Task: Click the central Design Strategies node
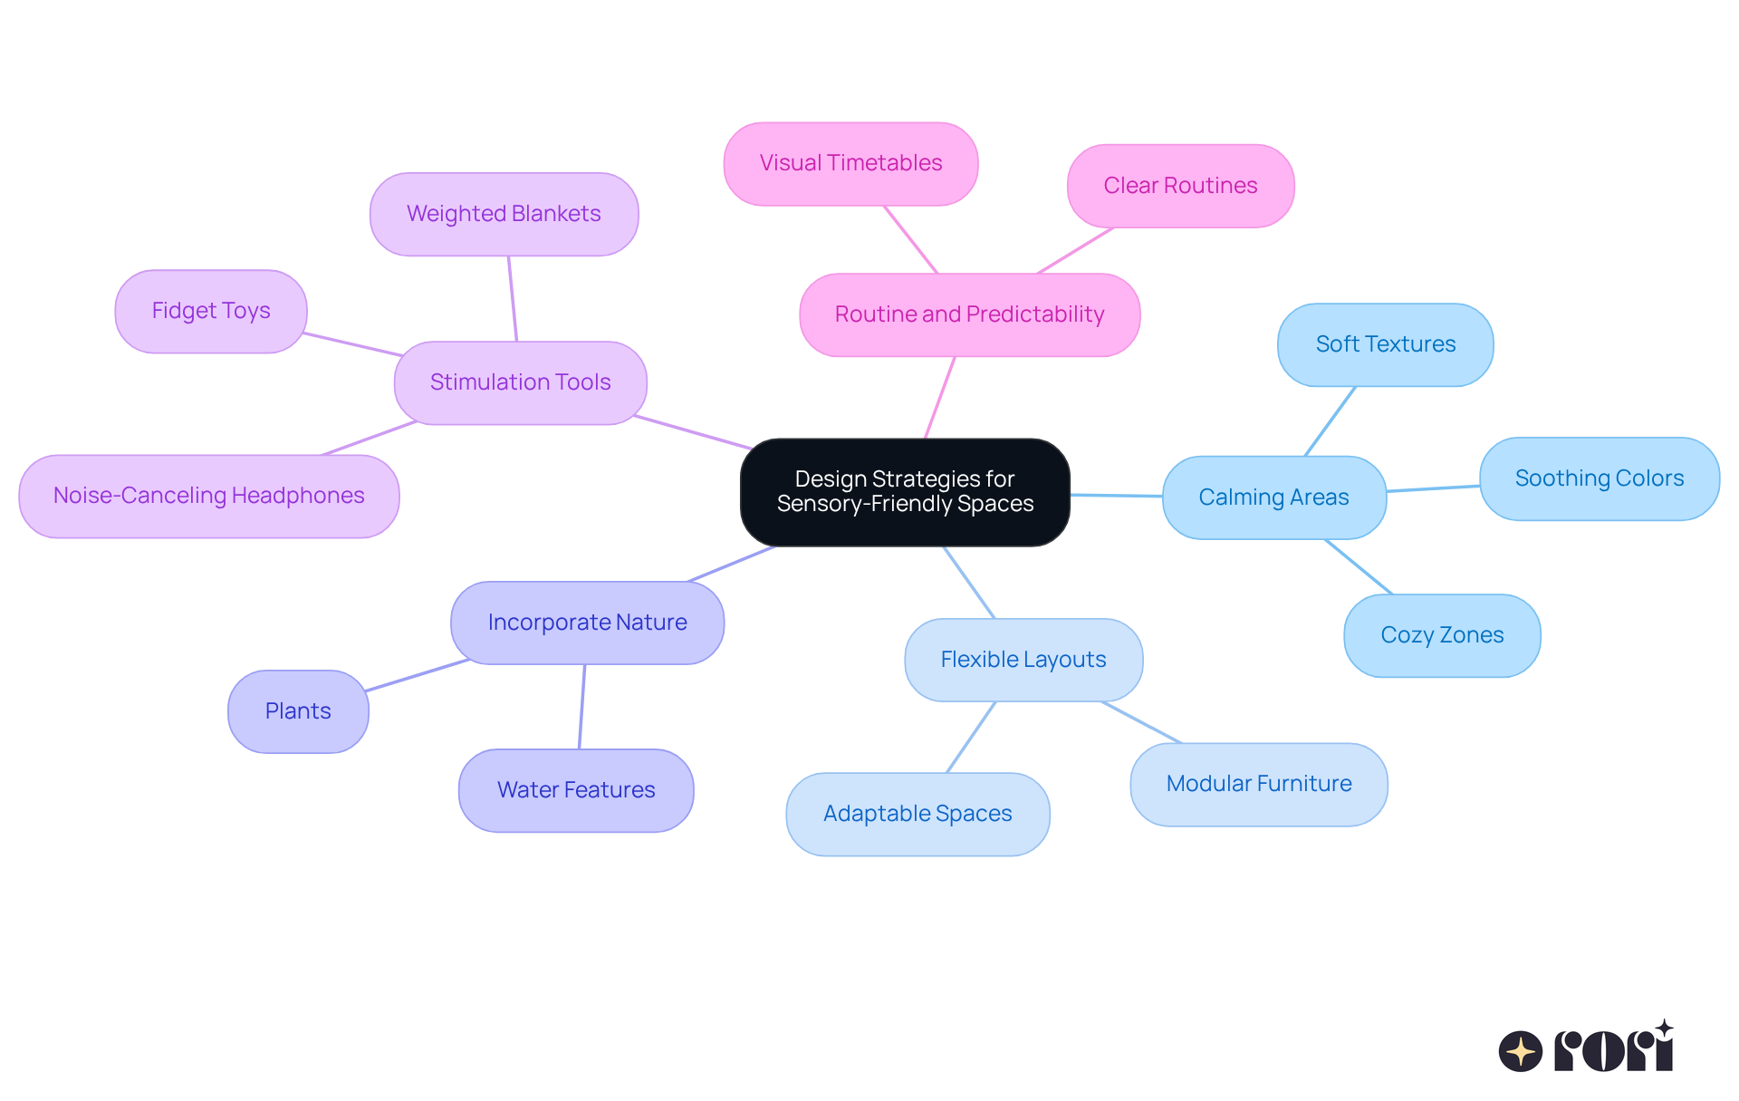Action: pyautogui.click(x=905, y=492)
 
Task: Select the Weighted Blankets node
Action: pyautogui.click(x=504, y=214)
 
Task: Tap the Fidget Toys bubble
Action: pyautogui.click(x=211, y=311)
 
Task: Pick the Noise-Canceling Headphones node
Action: pyautogui.click(x=208, y=496)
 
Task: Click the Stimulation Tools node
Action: pyautogui.click(x=520, y=382)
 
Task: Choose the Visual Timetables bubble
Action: pyautogui.click(x=850, y=163)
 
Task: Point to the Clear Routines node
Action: pyautogui.click(x=1180, y=186)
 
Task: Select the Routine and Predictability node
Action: pyautogui.click(x=969, y=314)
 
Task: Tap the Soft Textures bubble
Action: pyautogui.click(x=1385, y=344)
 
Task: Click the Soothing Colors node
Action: pyautogui.click(x=1599, y=478)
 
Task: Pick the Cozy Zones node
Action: pyautogui.click(x=1442, y=635)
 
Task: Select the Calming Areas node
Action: pyautogui.click(x=1273, y=497)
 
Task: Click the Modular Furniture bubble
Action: pyautogui.click(x=1258, y=784)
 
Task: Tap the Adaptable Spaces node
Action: pyautogui.click(x=918, y=814)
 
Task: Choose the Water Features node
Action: pyautogui.click(x=576, y=790)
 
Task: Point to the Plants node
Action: pyautogui.click(x=298, y=711)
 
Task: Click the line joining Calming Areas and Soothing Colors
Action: pyautogui.click(x=1433, y=488)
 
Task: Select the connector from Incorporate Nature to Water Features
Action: pyautogui.click(x=581, y=707)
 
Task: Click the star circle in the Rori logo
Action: pyautogui.click(x=1520, y=1051)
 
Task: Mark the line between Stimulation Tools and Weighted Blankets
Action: pyautogui.click(x=513, y=299)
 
